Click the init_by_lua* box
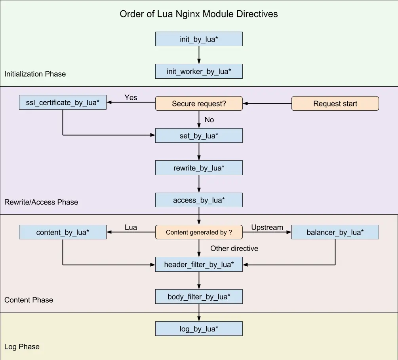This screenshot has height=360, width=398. click(199, 39)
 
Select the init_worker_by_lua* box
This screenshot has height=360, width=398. click(199, 72)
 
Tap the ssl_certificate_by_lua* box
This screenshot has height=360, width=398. click(63, 102)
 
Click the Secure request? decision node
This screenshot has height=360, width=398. click(199, 104)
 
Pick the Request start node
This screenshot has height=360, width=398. click(335, 104)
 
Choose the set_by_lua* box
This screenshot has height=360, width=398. click(199, 136)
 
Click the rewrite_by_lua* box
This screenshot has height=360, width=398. click(199, 168)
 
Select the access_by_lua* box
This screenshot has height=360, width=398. click(199, 200)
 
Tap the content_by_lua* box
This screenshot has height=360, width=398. click(63, 232)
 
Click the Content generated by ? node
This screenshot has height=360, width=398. click(199, 232)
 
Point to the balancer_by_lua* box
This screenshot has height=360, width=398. click(335, 232)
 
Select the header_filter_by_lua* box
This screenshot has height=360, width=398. click(199, 264)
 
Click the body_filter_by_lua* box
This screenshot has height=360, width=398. click(199, 296)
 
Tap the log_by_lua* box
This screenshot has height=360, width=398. click(199, 329)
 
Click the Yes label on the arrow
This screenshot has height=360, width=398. click(131, 97)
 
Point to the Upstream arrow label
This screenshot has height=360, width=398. click(267, 227)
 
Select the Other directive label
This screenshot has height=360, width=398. click(234, 248)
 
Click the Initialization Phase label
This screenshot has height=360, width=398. click(35, 74)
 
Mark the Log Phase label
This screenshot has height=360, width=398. click(22, 347)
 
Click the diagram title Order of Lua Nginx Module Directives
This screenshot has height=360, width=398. click(199, 14)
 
